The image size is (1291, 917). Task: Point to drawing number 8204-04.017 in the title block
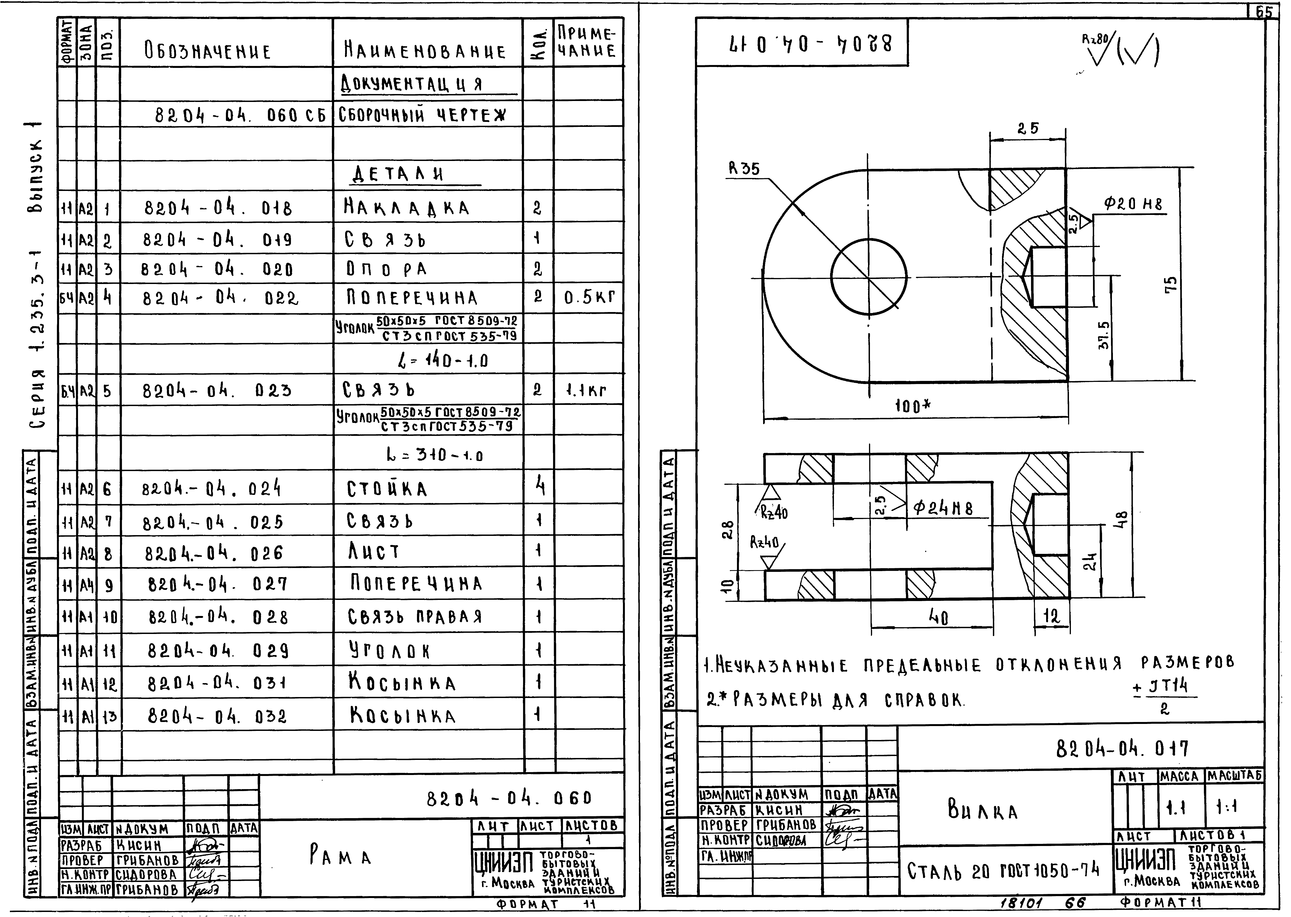(1121, 749)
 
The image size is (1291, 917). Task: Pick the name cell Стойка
(387, 488)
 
